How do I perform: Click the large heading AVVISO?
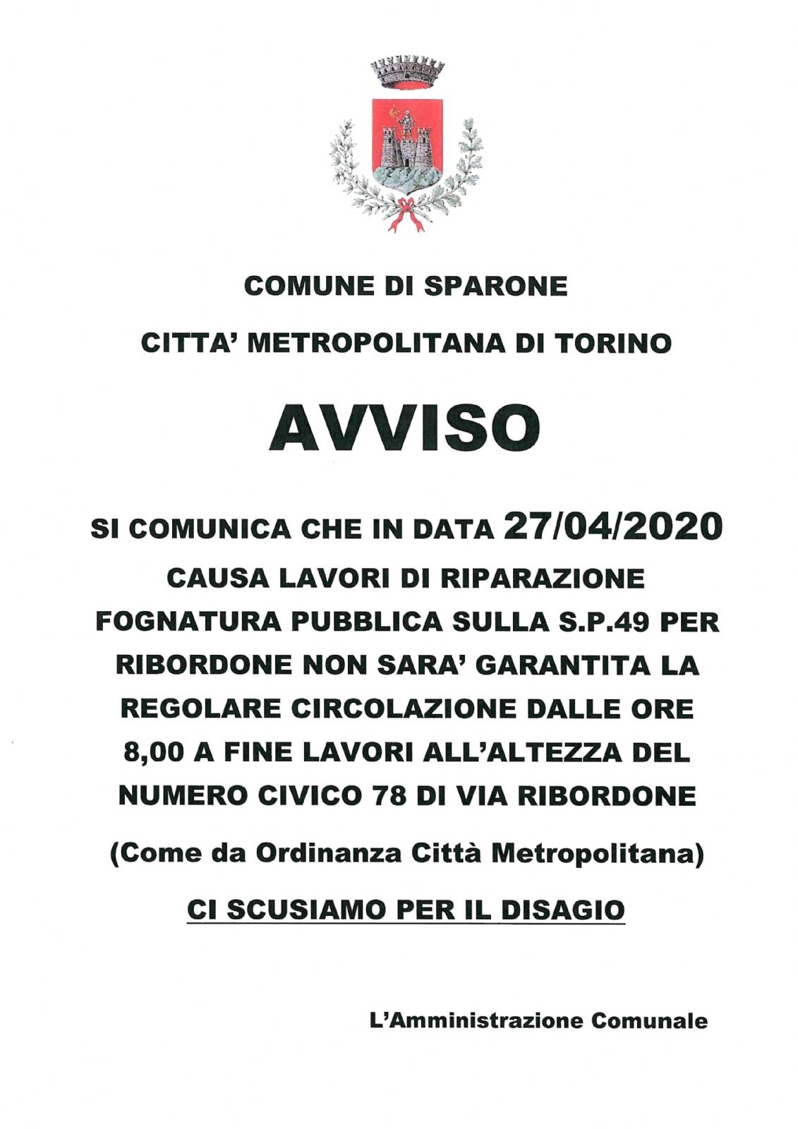click(404, 428)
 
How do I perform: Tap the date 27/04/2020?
click(613, 526)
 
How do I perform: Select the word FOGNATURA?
click(188, 622)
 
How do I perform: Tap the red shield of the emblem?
click(407, 141)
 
